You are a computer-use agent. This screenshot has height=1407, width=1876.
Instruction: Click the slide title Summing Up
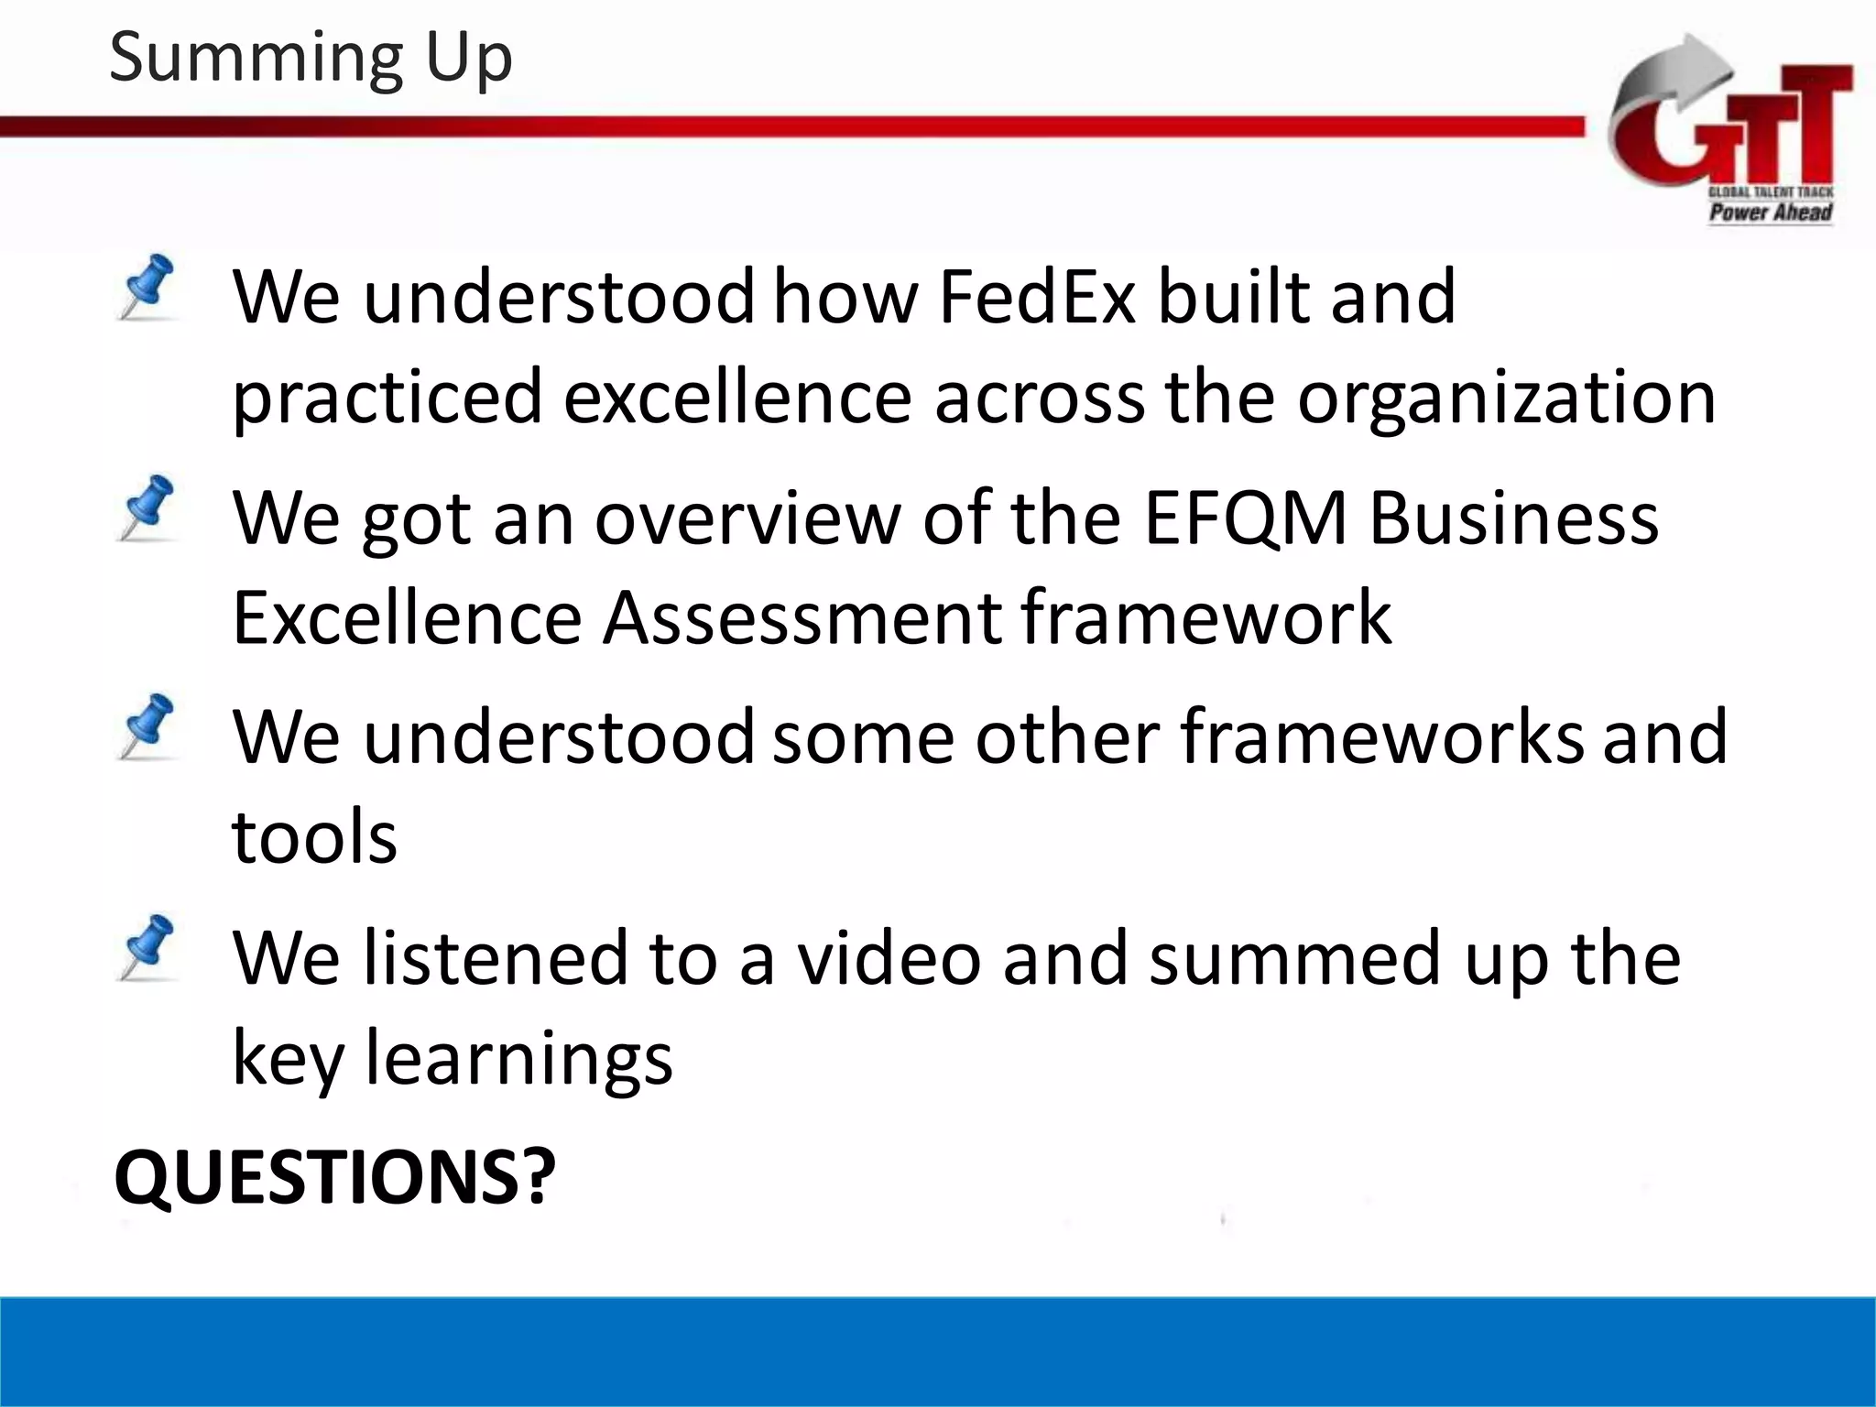(311, 57)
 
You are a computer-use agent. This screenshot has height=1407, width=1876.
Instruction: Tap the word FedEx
(1037, 298)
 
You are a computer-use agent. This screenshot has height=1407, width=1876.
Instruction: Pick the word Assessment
(802, 618)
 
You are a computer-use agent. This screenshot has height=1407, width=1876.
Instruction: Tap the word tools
(314, 837)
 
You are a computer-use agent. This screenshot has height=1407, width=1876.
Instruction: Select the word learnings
(519, 1058)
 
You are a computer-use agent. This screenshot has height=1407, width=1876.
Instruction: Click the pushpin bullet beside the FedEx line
(148, 287)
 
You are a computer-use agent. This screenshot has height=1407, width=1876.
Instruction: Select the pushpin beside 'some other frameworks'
(148, 726)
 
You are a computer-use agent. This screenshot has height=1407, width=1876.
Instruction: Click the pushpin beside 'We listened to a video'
(148, 947)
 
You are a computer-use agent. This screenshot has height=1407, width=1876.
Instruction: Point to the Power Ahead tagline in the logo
(1770, 213)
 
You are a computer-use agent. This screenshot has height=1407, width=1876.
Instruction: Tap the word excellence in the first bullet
(737, 398)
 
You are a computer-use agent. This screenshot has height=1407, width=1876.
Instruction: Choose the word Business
(1513, 518)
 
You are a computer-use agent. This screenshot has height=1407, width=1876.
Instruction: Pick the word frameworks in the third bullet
(1381, 737)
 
